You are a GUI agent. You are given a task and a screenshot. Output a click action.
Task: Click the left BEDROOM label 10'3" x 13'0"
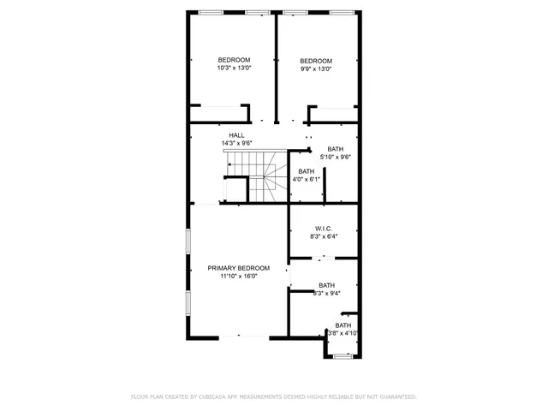pos(233,60)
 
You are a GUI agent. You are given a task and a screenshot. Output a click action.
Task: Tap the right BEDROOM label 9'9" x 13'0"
pos(315,60)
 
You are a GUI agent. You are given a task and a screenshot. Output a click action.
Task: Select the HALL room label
pos(236,135)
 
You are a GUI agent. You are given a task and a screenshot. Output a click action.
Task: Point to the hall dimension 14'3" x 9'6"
pos(236,143)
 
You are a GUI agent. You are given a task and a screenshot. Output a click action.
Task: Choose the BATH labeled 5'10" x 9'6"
pos(335,149)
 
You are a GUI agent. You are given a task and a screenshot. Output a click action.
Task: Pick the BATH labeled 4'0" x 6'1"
pos(306,171)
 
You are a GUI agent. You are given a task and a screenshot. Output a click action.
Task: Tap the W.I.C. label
pos(324,229)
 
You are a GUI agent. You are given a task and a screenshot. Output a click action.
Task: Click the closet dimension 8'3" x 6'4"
pos(324,236)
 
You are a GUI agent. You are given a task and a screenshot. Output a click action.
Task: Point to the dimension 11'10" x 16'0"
pos(239,276)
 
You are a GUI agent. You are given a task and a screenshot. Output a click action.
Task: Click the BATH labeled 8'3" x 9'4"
pos(326,285)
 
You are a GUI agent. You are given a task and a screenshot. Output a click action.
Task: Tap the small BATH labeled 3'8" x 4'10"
pos(342,325)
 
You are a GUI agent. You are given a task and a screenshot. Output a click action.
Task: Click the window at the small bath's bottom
pos(342,356)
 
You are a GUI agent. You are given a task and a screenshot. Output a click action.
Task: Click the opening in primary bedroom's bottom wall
pos(252,337)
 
